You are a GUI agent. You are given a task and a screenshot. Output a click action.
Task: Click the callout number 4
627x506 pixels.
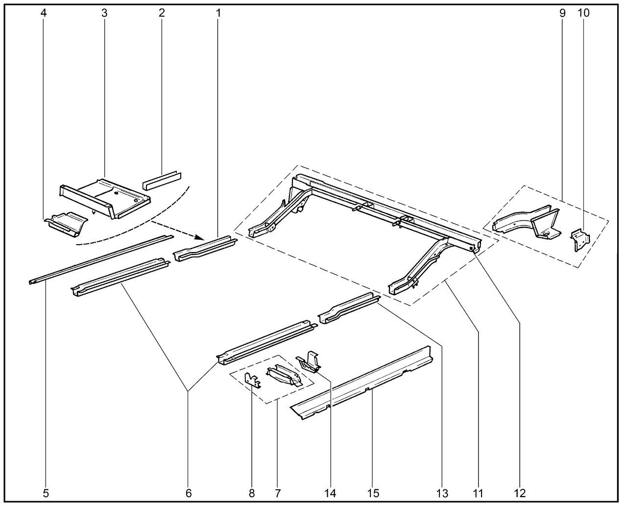click(x=43, y=13)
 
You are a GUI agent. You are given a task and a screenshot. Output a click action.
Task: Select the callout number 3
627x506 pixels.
click(x=104, y=13)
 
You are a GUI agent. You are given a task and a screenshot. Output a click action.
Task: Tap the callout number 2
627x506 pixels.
click(x=162, y=13)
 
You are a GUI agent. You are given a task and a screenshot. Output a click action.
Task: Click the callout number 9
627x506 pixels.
click(x=562, y=13)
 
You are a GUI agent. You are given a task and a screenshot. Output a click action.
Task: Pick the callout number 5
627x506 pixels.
click(x=46, y=493)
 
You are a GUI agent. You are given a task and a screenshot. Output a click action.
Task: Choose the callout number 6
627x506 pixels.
click(x=189, y=493)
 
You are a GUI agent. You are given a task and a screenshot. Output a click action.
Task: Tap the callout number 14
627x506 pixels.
click(x=330, y=493)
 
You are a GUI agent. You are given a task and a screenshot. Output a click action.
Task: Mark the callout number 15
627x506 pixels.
click(x=373, y=493)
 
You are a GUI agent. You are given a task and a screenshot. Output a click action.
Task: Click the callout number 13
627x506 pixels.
click(x=442, y=493)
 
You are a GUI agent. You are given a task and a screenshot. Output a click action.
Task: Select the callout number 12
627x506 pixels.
click(x=520, y=493)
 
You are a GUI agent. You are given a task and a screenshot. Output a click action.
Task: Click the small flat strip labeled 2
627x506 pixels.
click(x=162, y=181)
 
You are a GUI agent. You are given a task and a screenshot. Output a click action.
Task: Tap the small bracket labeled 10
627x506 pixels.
click(x=580, y=240)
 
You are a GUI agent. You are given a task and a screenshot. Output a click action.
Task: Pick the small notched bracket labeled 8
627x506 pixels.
click(x=253, y=380)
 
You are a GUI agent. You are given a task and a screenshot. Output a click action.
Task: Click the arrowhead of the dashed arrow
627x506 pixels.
click(x=201, y=237)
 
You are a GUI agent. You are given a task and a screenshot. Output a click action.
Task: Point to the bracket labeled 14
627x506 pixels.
click(x=308, y=362)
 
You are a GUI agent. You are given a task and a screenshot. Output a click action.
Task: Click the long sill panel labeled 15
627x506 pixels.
click(x=362, y=383)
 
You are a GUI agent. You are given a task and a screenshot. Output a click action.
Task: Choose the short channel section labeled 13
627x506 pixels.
click(x=349, y=308)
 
